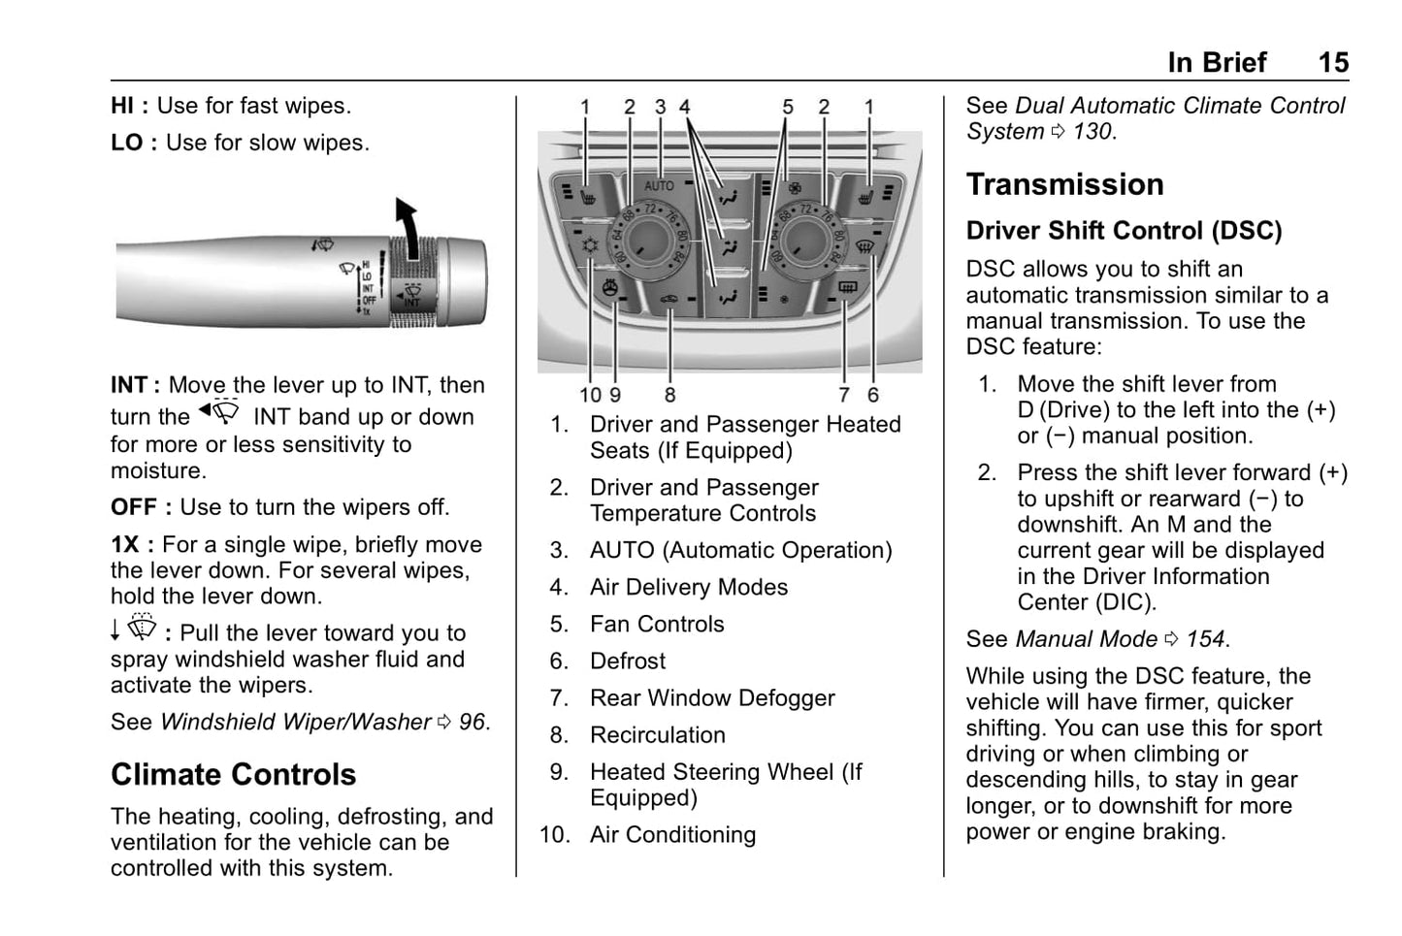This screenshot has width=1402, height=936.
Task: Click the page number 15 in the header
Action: pyautogui.click(x=1332, y=63)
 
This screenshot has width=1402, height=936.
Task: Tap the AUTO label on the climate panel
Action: pyautogui.click(x=659, y=184)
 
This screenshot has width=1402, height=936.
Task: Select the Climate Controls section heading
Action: pyautogui.click(x=233, y=774)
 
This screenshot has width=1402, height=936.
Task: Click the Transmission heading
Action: pyautogui.click(x=1064, y=184)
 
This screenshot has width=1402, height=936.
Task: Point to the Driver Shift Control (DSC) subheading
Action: pyautogui.click(x=1124, y=231)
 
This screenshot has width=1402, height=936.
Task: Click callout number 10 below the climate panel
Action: pyautogui.click(x=590, y=395)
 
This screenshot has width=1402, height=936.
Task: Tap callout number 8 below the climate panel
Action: pyautogui.click(x=669, y=395)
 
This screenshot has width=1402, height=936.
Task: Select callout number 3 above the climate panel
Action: pyautogui.click(x=660, y=107)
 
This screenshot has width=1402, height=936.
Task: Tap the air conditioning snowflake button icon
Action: pyautogui.click(x=588, y=246)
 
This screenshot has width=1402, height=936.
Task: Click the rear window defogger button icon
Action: pyautogui.click(x=847, y=287)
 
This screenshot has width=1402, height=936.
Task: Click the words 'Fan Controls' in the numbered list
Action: pyautogui.click(x=657, y=624)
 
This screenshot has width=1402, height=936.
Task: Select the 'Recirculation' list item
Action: pyautogui.click(x=657, y=735)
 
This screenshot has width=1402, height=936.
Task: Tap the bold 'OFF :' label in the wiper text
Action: pyautogui.click(x=141, y=507)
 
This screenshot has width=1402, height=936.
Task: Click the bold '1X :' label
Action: pyautogui.click(x=133, y=545)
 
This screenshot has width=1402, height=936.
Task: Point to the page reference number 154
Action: pyautogui.click(x=1206, y=639)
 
